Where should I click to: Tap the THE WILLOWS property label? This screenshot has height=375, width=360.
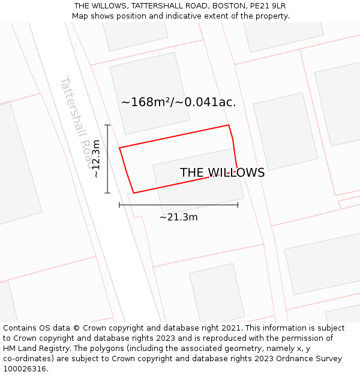[222, 173]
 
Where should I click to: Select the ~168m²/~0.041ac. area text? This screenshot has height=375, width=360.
[178, 103]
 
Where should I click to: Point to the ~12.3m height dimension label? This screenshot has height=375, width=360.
[95, 158]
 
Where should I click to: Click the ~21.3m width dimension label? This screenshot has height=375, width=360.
[178, 217]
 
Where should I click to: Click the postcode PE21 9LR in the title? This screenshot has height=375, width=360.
[270, 6]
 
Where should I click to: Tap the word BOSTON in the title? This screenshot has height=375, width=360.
[224, 6]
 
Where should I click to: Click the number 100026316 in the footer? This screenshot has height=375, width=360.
[25, 369]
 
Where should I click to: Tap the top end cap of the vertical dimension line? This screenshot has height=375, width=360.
[107, 125]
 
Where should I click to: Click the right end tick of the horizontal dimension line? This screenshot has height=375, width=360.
[238, 205]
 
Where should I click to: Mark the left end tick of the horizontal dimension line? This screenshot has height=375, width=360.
[119, 205]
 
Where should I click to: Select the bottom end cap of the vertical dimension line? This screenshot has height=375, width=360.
[107, 193]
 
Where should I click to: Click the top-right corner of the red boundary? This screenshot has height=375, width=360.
[229, 125]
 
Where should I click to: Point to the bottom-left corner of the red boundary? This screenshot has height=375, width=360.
[133, 193]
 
